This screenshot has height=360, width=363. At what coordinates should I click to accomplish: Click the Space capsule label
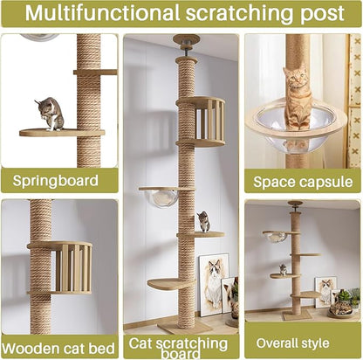[x=302, y=181]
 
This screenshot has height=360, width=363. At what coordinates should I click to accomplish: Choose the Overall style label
[x=302, y=341]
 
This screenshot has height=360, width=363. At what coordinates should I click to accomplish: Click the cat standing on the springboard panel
[x=51, y=113]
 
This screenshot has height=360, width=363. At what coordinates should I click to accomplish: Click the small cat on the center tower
[x=203, y=221]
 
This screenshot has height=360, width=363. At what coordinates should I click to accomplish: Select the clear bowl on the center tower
[x=165, y=197]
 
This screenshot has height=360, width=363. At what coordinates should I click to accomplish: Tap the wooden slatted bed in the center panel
[x=204, y=121]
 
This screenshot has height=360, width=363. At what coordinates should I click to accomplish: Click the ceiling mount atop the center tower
[x=185, y=40]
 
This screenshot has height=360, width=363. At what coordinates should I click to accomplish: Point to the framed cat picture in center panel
[x=213, y=284]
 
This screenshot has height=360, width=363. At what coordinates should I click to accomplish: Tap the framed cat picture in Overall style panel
[x=325, y=290]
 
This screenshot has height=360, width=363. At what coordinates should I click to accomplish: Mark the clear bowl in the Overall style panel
[x=275, y=236]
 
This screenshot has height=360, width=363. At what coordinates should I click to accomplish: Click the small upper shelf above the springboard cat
[x=97, y=72]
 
